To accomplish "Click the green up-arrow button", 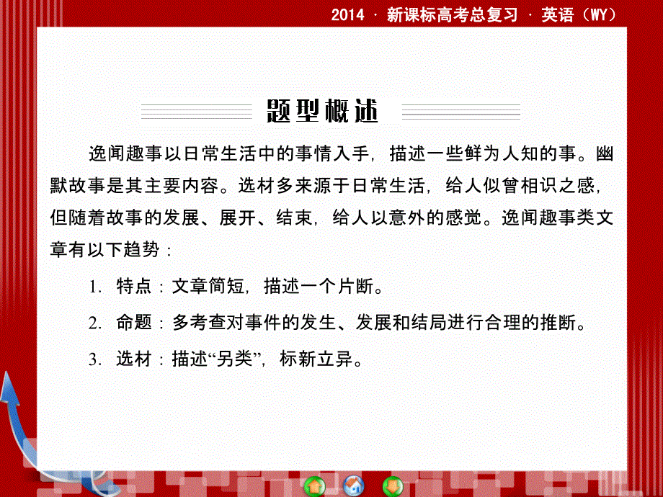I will click(315, 485).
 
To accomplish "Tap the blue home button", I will click(353, 485).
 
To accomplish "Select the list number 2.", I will click(94, 323).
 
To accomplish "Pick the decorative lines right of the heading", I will click(460, 112).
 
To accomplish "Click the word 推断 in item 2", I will click(559, 323).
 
